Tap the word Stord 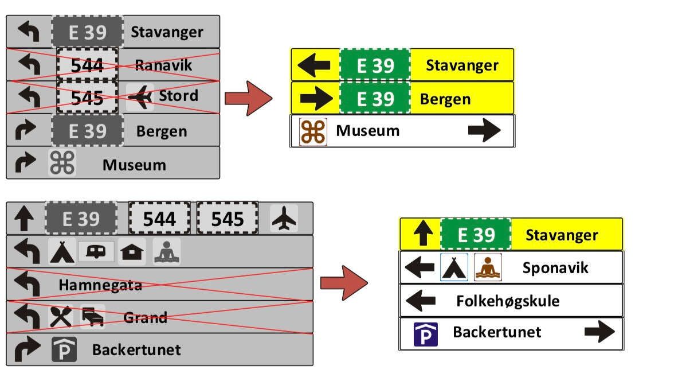click(x=178, y=95)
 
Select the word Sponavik click(x=555, y=267)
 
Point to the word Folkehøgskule click(x=508, y=301)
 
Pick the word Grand click(x=145, y=317)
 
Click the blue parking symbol click(x=426, y=334)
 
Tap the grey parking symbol click(x=64, y=349)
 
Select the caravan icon click(x=96, y=251)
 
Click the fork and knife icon click(x=61, y=317)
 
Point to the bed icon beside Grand click(x=93, y=317)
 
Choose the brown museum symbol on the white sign click(x=313, y=131)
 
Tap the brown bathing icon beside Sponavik click(x=488, y=267)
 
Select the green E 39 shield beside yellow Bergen click(x=375, y=99)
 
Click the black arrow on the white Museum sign click(x=484, y=130)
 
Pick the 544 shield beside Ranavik click(x=87, y=65)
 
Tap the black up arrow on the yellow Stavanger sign click(x=422, y=234)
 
